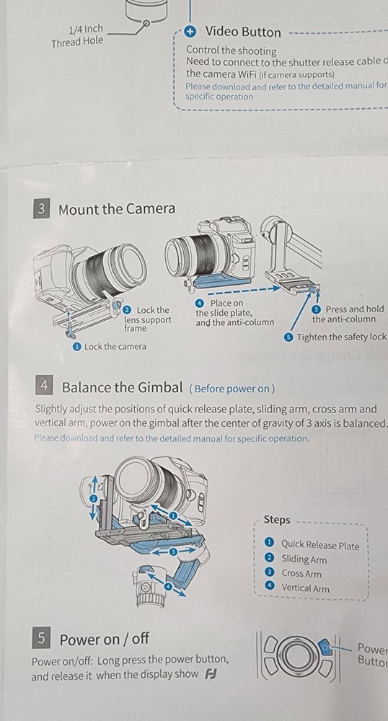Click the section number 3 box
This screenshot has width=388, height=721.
click(42, 209)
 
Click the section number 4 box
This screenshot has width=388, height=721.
click(44, 386)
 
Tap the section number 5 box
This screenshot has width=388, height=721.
click(42, 637)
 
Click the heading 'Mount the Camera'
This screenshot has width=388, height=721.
click(116, 209)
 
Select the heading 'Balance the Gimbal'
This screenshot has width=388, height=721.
click(123, 387)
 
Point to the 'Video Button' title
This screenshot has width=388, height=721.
click(243, 32)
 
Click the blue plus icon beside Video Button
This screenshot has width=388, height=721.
click(190, 32)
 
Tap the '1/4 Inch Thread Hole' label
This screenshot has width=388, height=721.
click(77, 35)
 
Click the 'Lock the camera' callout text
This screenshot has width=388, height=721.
click(115, 346)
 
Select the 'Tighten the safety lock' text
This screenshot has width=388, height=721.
click(341, 337)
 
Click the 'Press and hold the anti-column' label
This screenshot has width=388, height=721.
click(348, 314)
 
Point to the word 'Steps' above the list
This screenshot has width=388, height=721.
click(277, 520)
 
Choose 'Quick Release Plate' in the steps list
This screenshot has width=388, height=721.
click(319, 545)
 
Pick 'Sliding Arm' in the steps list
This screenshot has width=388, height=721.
click(304, 559)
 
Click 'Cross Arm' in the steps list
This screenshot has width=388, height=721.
click(301, 573)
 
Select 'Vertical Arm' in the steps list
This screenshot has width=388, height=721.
click(305, 588)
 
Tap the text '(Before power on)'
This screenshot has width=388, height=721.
click(232, 389)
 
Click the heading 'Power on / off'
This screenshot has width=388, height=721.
click(104, 639)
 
